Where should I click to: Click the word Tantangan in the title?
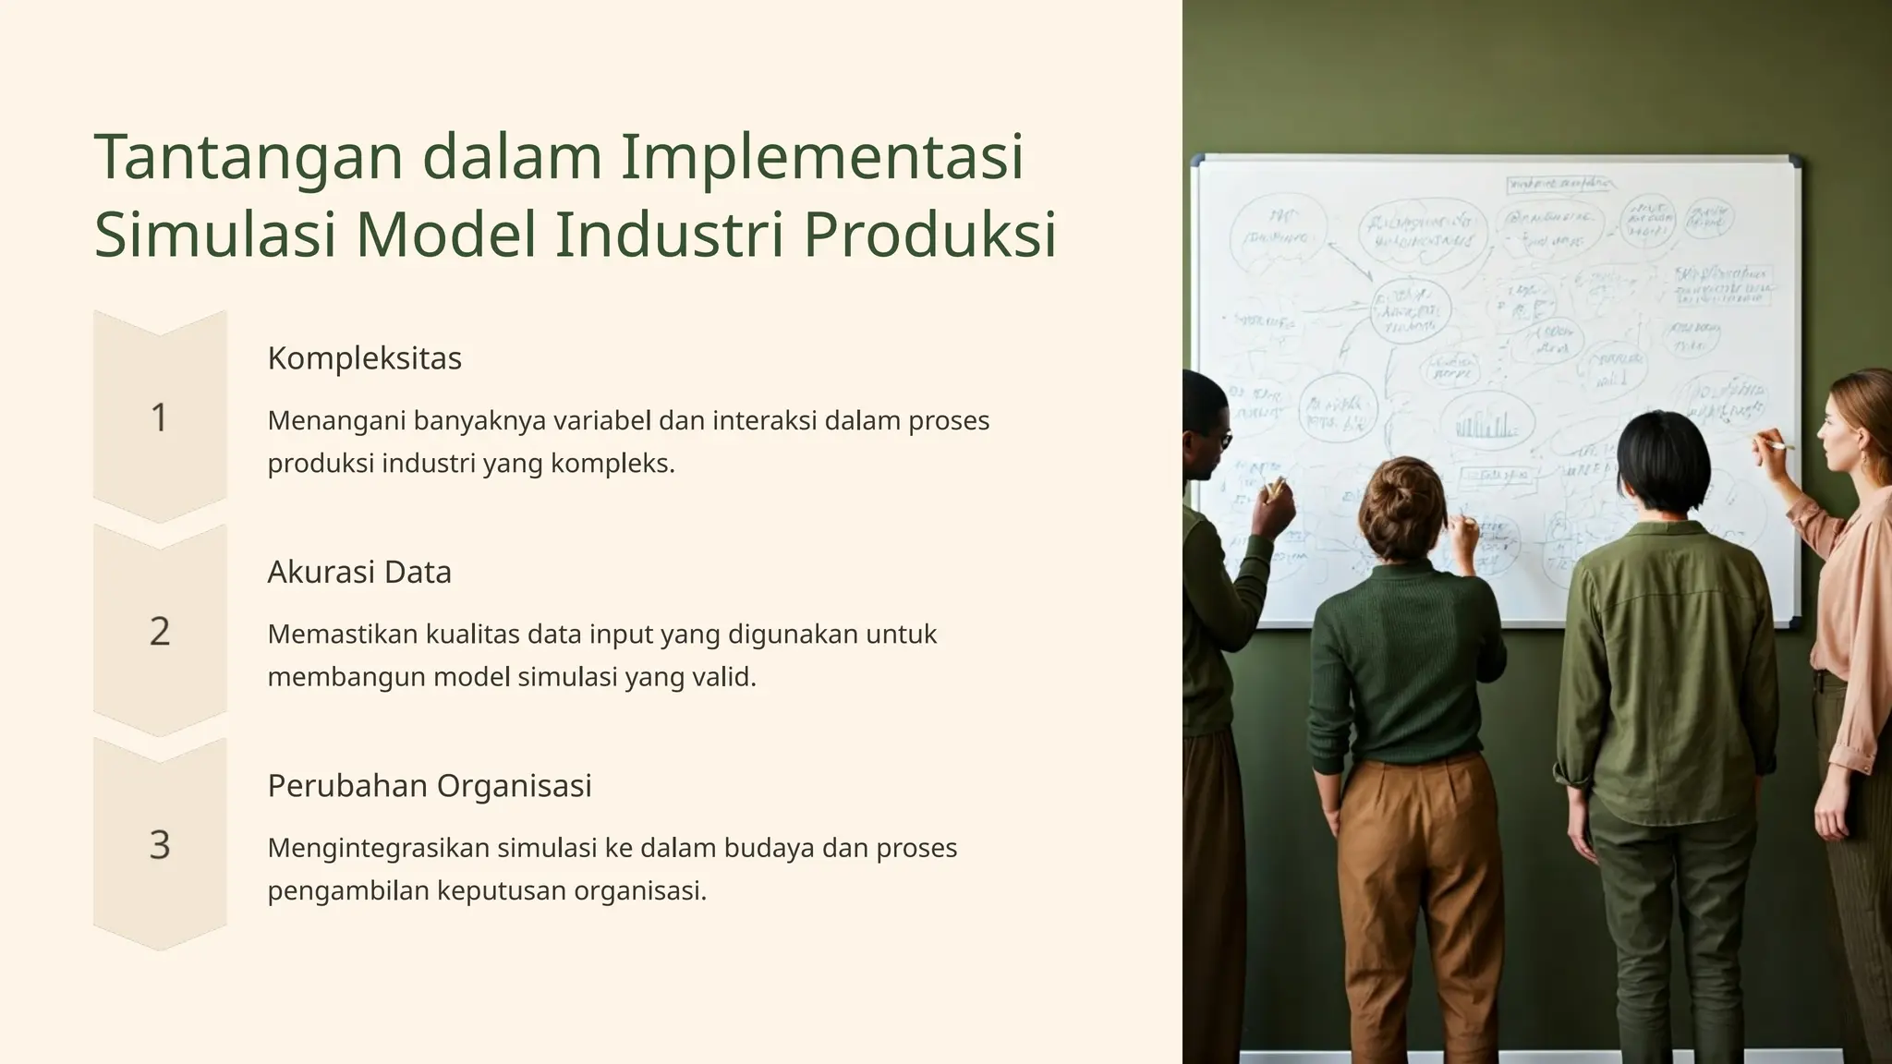point(249,157)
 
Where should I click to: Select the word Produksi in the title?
point(929,235)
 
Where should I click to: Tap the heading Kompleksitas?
point(364,358)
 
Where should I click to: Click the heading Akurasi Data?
point(359,573)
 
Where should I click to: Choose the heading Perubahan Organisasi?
point(430,786)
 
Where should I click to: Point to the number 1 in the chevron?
point(159,417)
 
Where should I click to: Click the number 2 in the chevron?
point(159,632)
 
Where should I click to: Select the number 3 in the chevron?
point(159,845)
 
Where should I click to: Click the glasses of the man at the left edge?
point(1221,441)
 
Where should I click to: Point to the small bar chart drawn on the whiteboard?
point(1486,426)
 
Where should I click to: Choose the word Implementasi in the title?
point(821,157)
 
